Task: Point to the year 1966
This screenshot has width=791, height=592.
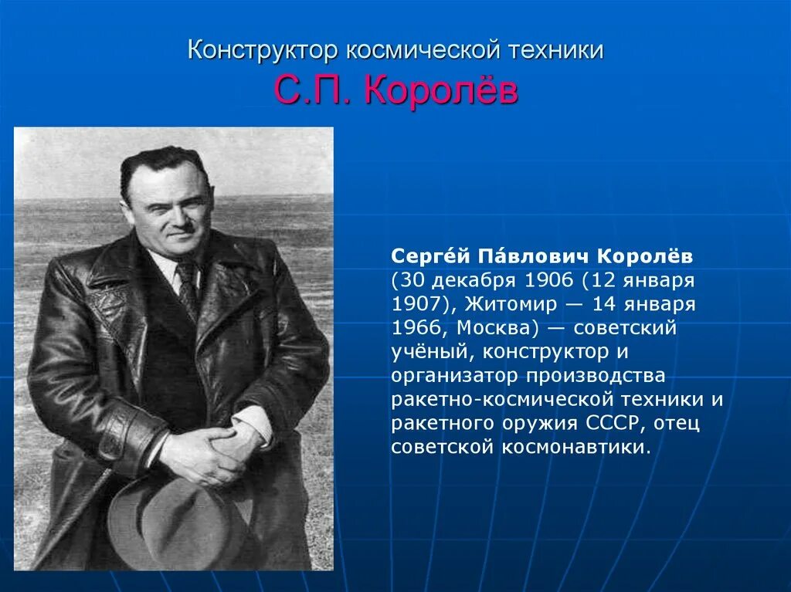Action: [415, 328]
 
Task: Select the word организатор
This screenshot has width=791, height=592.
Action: [456, 376]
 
